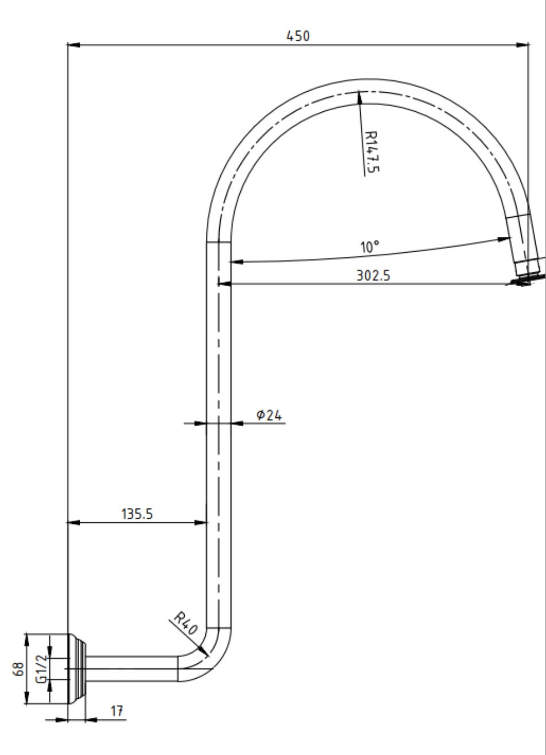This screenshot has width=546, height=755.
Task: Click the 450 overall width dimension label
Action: (298, 36)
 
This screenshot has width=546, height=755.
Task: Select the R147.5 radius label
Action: (372, 151)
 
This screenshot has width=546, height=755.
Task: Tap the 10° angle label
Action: (370, 247)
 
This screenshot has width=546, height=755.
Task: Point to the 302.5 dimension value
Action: (373, 275)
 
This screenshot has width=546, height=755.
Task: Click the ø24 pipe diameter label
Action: (269, 415)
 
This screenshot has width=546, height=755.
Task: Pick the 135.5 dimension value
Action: (137, 514)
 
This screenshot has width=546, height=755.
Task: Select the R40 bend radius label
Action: (186, 623)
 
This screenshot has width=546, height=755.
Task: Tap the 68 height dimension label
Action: (18, 669)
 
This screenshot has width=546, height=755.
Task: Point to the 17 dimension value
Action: (117, 711)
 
